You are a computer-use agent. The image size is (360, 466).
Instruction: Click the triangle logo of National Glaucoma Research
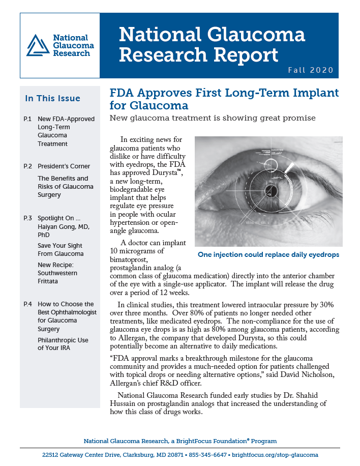pyautogui.click(x=38, y=45)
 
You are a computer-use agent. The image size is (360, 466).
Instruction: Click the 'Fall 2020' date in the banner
pyautogui.click(x=310, y=70)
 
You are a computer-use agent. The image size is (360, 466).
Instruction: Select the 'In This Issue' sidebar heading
pyautogui.click(x=52, y=98)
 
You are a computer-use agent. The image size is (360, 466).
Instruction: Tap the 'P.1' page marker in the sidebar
pyautogui.click(x=28, y=119)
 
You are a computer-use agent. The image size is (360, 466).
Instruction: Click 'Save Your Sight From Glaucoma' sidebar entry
pyautogui.click(x=61, y=249)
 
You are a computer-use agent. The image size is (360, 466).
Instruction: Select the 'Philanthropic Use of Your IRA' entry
pyautogui.click(x=63, y=343)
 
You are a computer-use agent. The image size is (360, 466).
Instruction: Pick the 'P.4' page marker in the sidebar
pyautogui.click(x=28, y=304)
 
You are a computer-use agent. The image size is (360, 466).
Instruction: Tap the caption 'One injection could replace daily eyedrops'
pyautogui.click(x=268, y=254)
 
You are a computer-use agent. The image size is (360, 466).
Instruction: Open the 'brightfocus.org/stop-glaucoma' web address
pyautogui.click(x=276, y=454)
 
